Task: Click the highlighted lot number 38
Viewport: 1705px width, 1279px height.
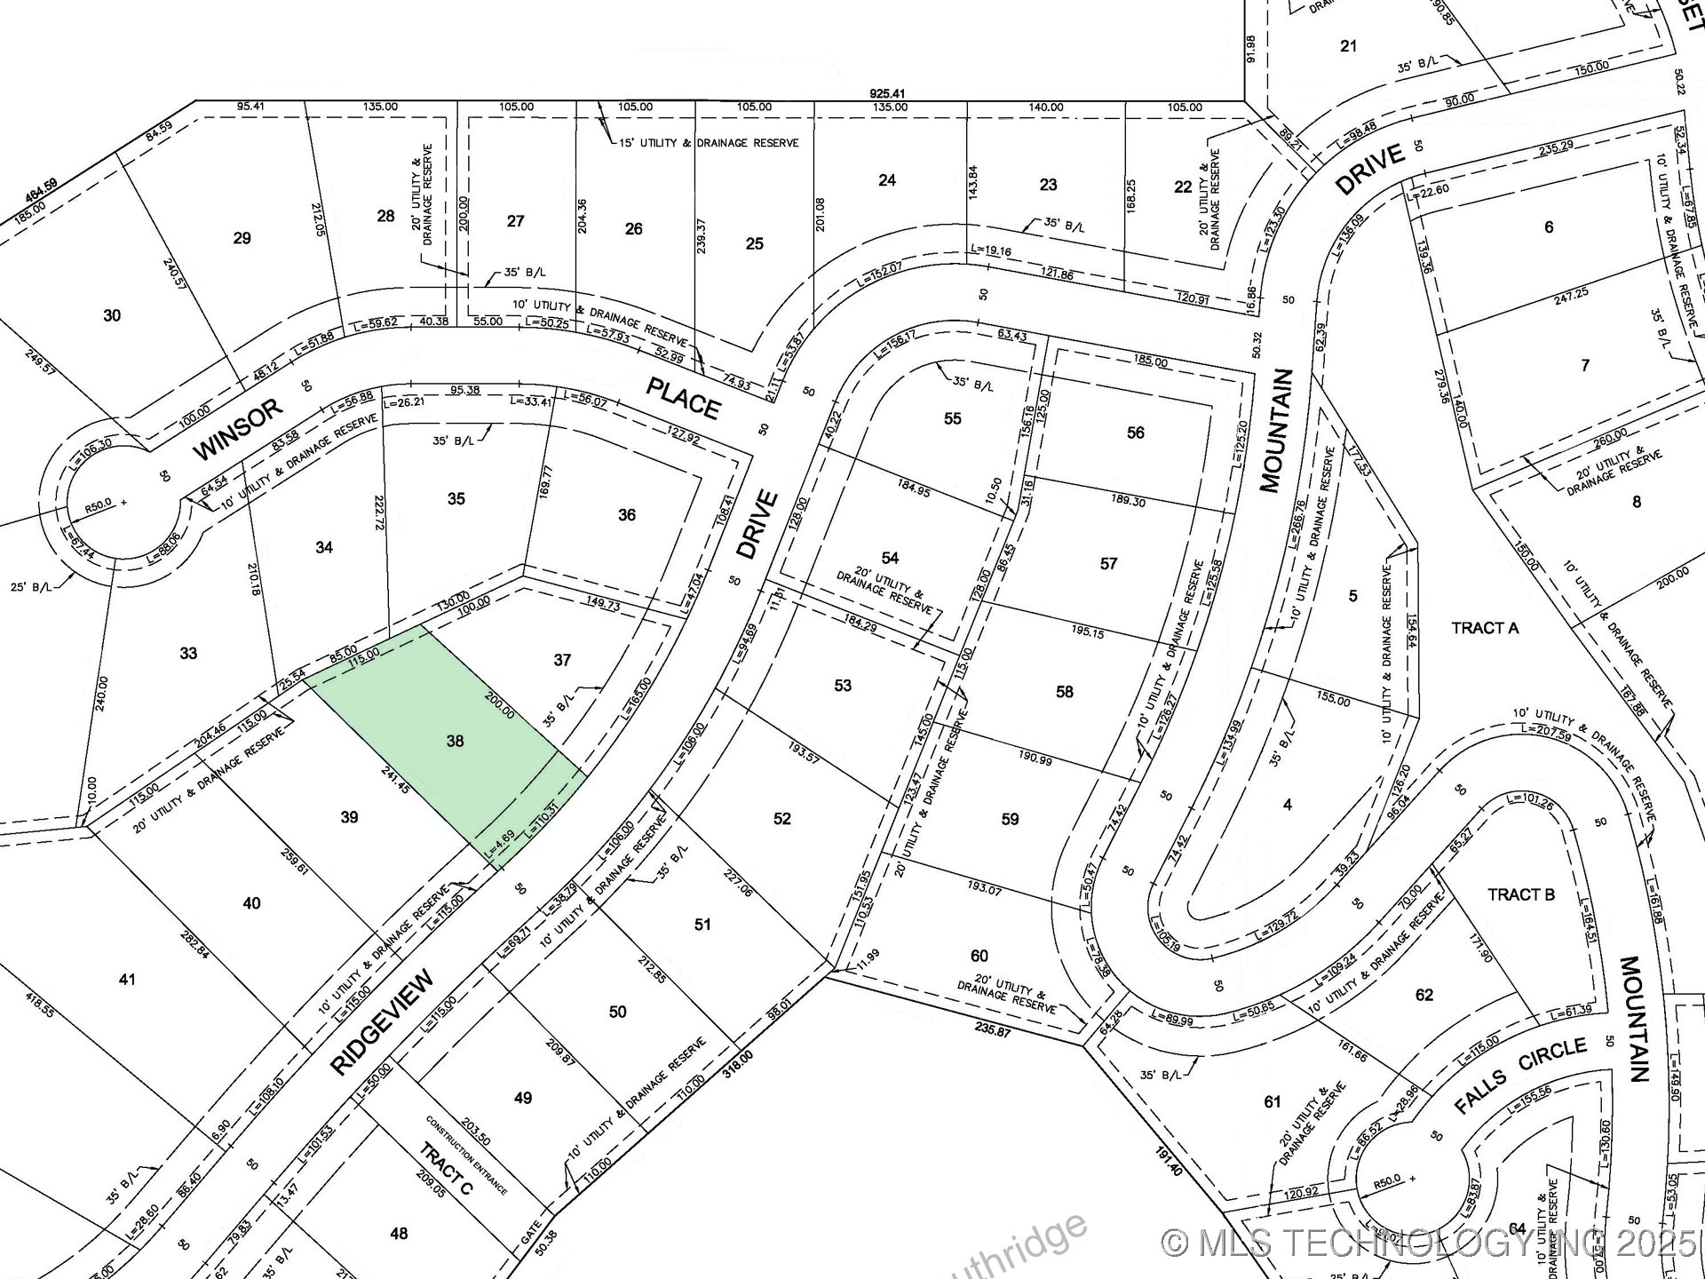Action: point(455,741)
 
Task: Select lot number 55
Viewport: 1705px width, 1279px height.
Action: point(952,418)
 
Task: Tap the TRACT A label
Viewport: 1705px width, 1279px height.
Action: point(1485,629)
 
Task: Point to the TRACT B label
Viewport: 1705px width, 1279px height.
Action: point(1521,894)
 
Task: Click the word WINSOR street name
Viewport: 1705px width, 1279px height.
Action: point(238,430)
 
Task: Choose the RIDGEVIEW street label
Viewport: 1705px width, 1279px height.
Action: point(383,1022)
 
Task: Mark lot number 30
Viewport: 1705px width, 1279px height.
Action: point(112,315)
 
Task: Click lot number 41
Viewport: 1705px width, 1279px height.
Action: point(127,980)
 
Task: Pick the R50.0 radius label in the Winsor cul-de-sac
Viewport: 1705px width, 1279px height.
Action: point(99,503)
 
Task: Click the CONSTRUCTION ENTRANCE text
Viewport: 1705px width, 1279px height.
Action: point(466,1155)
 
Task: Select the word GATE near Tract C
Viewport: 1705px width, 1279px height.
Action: point(531,1231)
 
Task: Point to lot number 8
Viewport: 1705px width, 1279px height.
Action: point(1637,502)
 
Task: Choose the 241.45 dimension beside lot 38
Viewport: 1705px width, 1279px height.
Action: point(394,779)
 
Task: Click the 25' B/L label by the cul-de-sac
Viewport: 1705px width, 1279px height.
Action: point(30,587)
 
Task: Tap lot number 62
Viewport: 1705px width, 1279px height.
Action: point(1423,995)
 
